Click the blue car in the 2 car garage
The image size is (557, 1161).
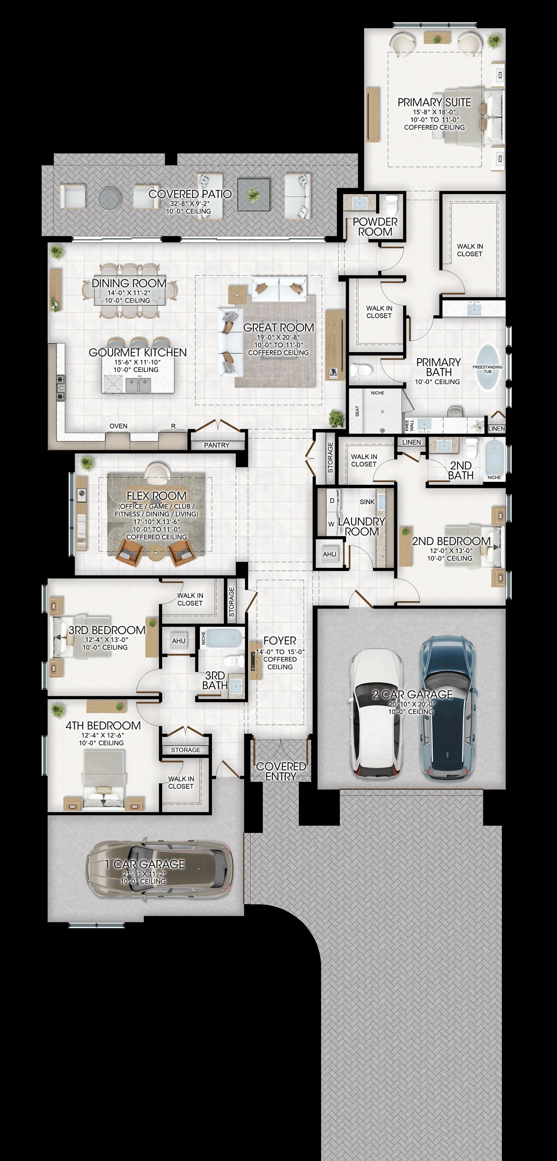[448, 707]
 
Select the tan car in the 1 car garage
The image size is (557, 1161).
[161, 868]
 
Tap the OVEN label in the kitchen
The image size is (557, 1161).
[118, 426]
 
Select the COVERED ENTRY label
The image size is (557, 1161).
[281, 771]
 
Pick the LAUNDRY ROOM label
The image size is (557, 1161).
[361, 526]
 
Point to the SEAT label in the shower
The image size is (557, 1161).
[357, 411]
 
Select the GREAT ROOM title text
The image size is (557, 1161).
[278, 328]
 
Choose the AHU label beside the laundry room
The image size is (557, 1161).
[330, 554]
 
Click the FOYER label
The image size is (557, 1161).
[280, 640]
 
